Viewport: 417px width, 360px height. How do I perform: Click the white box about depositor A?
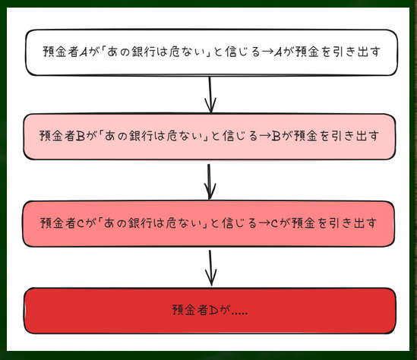pyautogui.click(x=211, y=52)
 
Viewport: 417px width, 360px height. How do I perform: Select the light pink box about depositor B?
pyautogui.click(x=210, y=137)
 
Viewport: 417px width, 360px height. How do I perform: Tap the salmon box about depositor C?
pyautogui.click(x=208, y=223)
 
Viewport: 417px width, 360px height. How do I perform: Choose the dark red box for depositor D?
pyautogui.click(x=210, y=311)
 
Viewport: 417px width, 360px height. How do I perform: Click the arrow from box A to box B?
pyautogui.click(x=210, y=95)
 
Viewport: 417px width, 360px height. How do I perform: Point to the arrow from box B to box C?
pyautogui.click(x=210, y=182)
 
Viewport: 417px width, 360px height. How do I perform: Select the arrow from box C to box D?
pyautogui.click(x=210, y=268)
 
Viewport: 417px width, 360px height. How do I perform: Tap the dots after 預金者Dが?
pyautogui.click(x=239, y=314)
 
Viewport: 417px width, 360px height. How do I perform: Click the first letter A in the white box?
pyautogui.click(x=84, y=52)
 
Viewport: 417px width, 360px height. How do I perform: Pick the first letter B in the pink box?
pyautogui.click(x=81, y=136)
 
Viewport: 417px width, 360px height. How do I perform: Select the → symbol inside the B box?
pyautogui.click(x=264, y=136)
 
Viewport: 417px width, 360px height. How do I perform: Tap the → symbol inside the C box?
pyautogui.click(x=264, y=223)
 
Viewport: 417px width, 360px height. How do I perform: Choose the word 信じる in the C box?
pyautogui.click(x=239, y=223)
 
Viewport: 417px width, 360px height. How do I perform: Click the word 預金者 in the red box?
pyautogui.click(x=190, y=310)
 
